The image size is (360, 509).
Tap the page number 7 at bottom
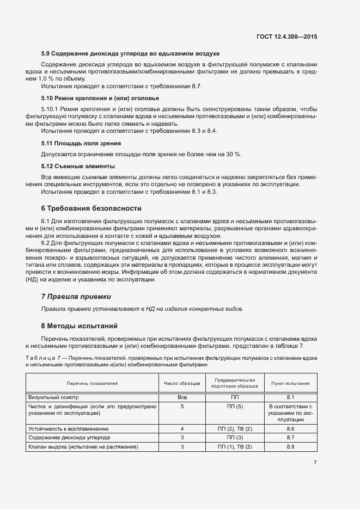[315, 463]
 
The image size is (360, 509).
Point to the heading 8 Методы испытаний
[80, 326]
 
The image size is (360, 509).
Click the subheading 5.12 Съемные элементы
[78, 166]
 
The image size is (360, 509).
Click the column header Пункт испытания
[290, 383]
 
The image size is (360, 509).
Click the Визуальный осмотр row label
[51, 397]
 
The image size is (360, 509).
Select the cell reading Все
[182, 397]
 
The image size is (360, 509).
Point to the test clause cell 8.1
[290, 397]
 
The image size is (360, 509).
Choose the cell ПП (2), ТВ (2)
[235, 429]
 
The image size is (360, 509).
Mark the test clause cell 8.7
[290, 438]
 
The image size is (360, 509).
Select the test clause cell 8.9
[290, 446]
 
